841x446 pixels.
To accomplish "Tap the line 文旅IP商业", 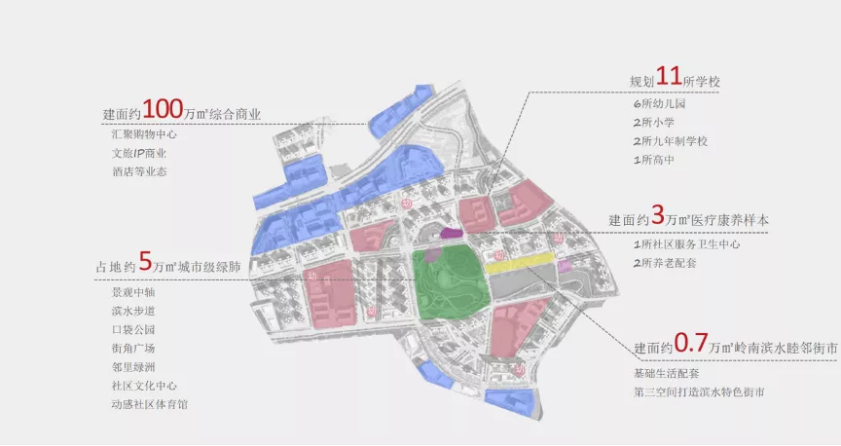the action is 139,153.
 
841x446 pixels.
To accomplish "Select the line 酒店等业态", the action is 139,172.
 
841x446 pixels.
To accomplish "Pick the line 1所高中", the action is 653,160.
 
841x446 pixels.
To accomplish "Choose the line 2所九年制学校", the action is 669,141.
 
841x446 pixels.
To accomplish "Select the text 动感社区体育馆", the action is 150,404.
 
